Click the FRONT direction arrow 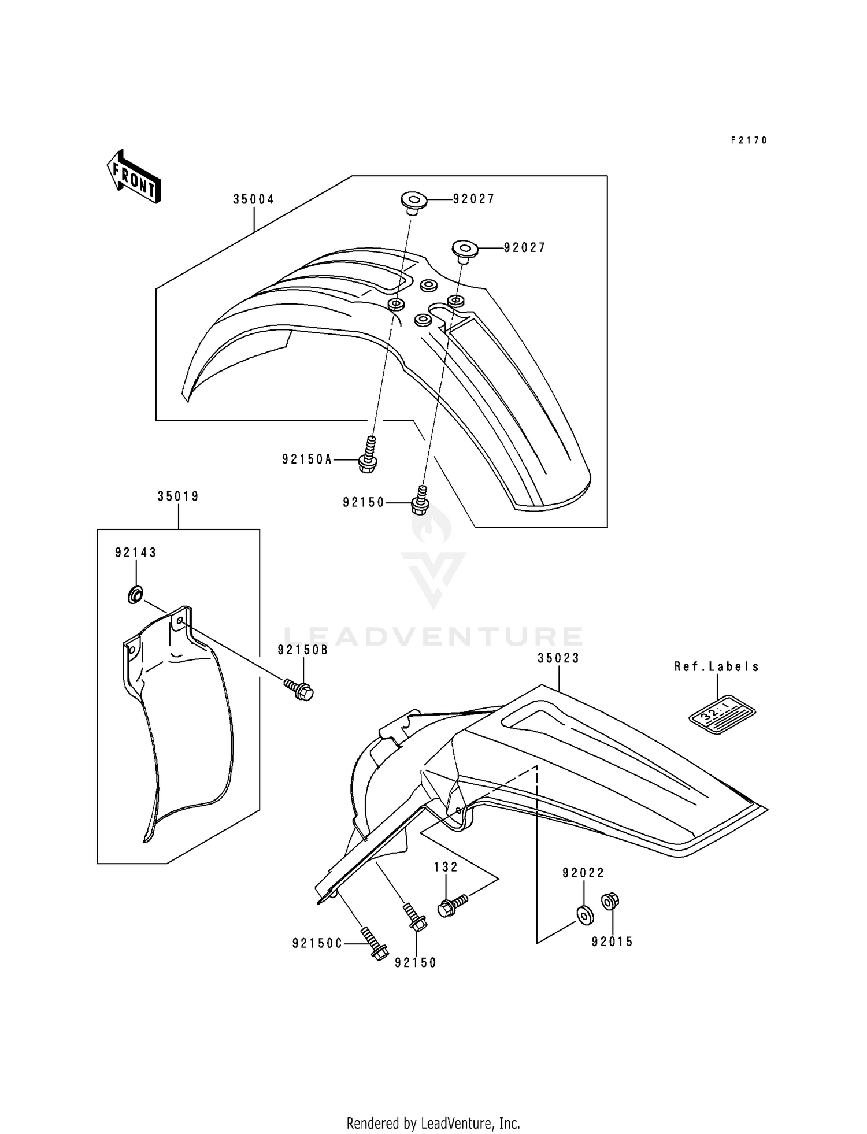[x=134, y=176]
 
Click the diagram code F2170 [x=749, y=140]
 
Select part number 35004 [x=253, y=199]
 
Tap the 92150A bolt [x=368, y=457]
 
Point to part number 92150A [x=307, y=459]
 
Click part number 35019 [x=178, y=496]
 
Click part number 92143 [x=136, y=553]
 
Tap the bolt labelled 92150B [x=299, y=689]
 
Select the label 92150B [x=302, y=650]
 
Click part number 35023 [x=558, y=658]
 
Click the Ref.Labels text [x=717, y=666]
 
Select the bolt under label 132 [x=453, y=905]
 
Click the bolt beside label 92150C [x=375, y=943]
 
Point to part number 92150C [x=317, y=944]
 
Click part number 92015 [x=612, y=942]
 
